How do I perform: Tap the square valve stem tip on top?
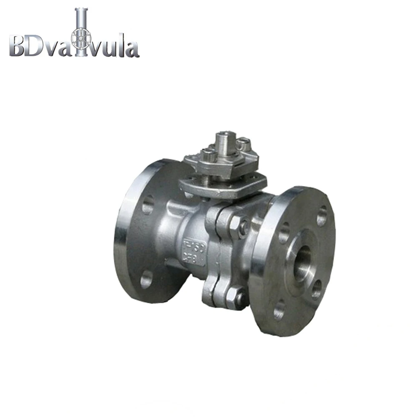(x=224, y=138)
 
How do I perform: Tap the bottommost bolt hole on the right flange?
(x=279, y=309)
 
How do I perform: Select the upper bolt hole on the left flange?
(x=147, y=205)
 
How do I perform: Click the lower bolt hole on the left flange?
(x=146, y=279)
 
